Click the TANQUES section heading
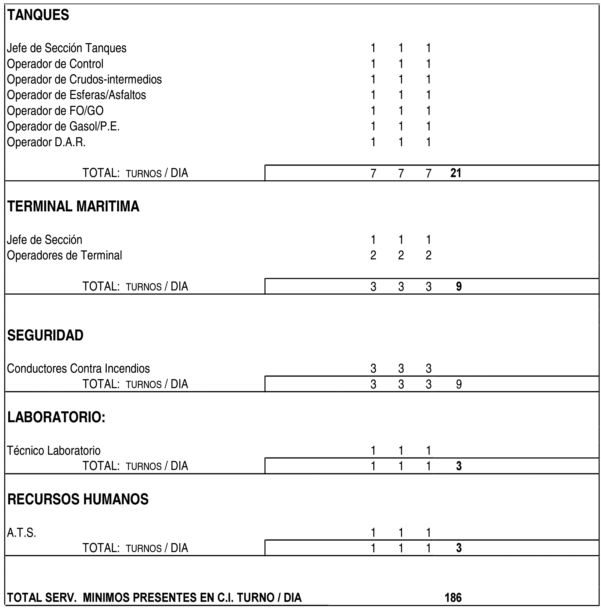pyautogui.click(x=38, y=15)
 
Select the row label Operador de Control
pyautogui.click(x=55, y=64)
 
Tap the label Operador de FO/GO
pyautogui.click(x=55, y=111)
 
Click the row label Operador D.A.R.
pyautogui.click(x=46, y=142)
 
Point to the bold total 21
pyautogui.click(x=456, y=173)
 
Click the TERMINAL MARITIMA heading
pyautogui.click(x=73, y=206)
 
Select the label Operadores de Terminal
pyautogui.click(x=64, y=255)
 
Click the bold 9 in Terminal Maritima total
pyautogui.click(x=459, y=286)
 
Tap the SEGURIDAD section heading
pyautogui.click(x=45, y=336)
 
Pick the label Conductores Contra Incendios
pyautogui.click(x=78, y=369)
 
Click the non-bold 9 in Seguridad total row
pyautogui.click(x=459, y=384)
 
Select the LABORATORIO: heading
pyautogui.click(x=56, y=417)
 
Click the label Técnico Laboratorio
pyautogui.click(x=54, y=451)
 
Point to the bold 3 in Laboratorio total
pyautogui.click(x=459, y=466)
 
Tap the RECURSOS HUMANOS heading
pyautogui.click(x=78, y=499)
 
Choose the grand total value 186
pyautogui.click(x=453, y=597)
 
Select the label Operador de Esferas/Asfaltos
pyautogui.click(x=76, y=95)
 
